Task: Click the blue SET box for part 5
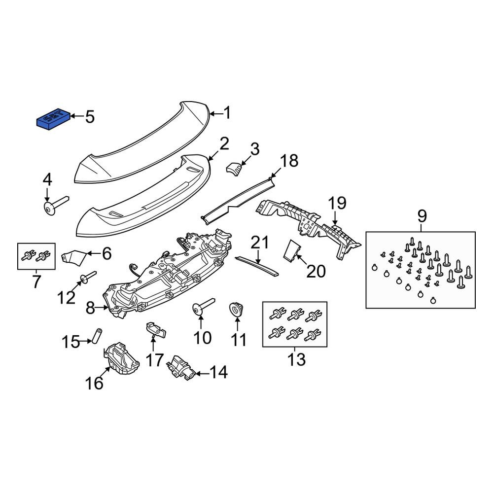pyautogui.click(x=54, y=119)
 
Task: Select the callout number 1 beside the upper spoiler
pyautogui.click(x=227, y=113)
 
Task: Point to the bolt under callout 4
pyautogui.click(x=56, y=206)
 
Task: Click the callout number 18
pyautogui.click(x=289, y=161)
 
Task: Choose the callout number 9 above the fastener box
pyautogui.click(x=422, y=216)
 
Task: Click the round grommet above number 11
pyautogui.click(x=237, y=310)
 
